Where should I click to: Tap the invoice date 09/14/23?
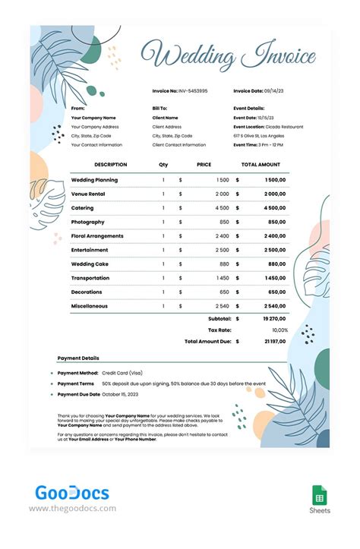point(276,90)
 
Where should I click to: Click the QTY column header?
point(163,164)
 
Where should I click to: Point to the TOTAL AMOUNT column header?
point(261,164)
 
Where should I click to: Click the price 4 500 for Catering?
point(222,208)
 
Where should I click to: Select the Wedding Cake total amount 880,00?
point(276,263)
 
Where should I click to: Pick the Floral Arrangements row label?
point(97,236)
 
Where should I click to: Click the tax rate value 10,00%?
point(279,330)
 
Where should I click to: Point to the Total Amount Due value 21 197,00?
point(274,342)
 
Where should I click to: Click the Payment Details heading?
point(78,358)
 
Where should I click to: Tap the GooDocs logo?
point(72,494)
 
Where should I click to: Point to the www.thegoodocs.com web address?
point(73,509)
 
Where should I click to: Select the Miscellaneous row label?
point(90,306)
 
